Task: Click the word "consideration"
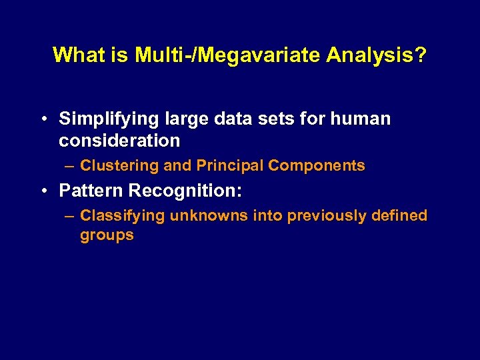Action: pyautogui.click(x=119, y=141)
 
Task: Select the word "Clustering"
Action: pyautogui.click(x=118, y=166)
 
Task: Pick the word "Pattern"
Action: pyautogui.click(x=91, y=191)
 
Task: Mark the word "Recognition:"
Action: pyautogui.click(x=185, y=191)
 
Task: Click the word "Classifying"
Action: pyautogui.click(x=123, y=216)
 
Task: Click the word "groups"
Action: pyautogui.click(x=107, y=235)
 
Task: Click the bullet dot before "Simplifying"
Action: pyautogui.click(x=42, y=119)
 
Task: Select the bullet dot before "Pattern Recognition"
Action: pyautogui.click(x=42, y=191)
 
